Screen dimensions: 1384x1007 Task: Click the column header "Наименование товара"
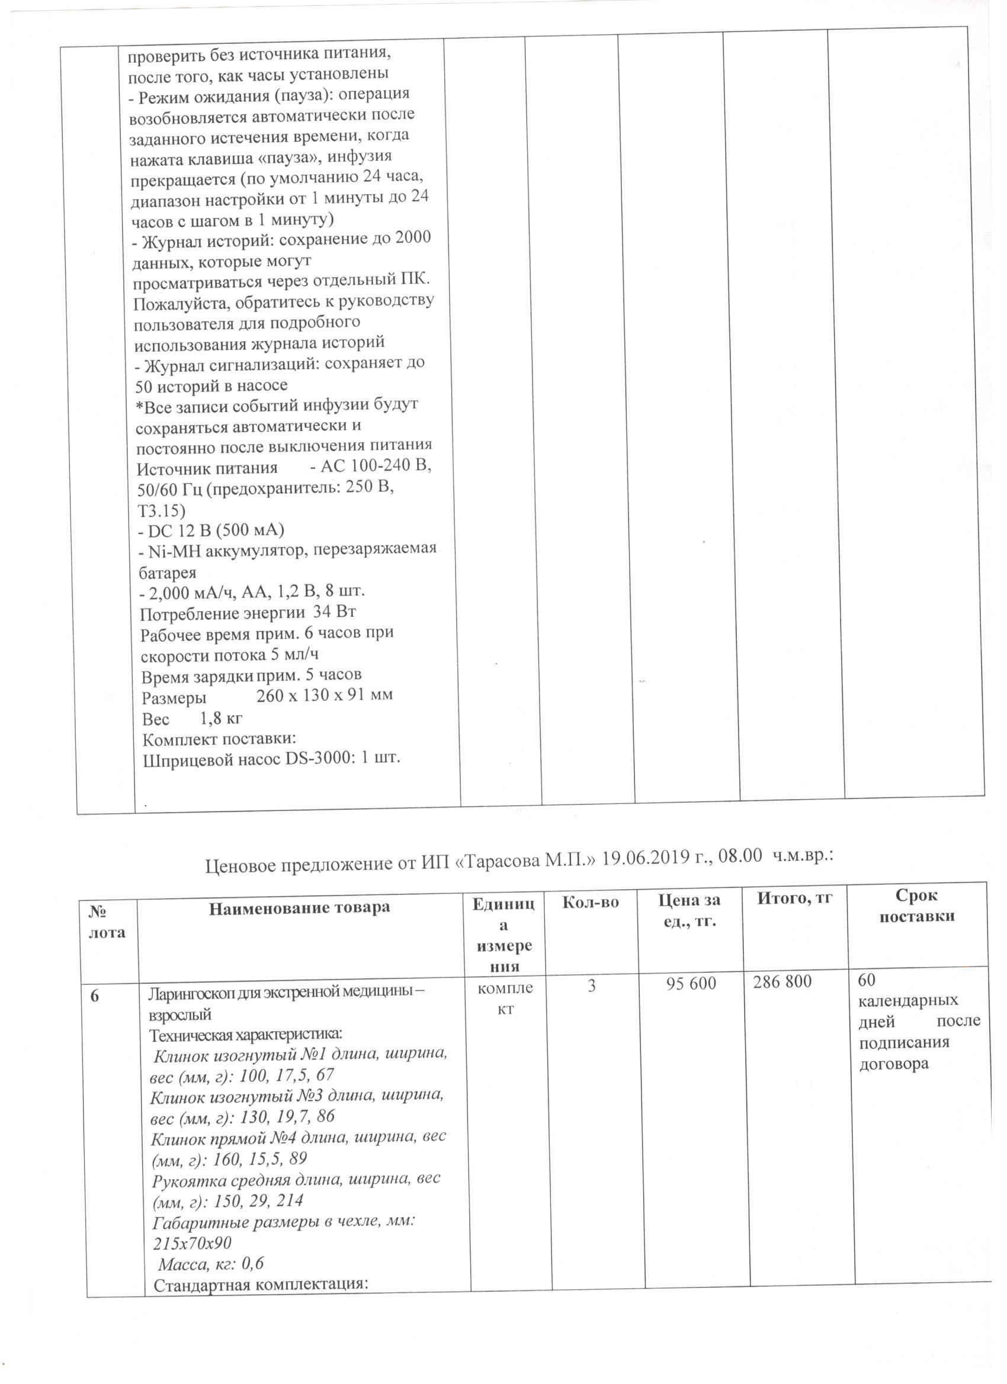[299, 907]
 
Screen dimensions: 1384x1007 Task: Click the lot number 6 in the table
[95, 995]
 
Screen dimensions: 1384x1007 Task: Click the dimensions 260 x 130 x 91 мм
[324, 695]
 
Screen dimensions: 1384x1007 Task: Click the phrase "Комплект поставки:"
[219, 738]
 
